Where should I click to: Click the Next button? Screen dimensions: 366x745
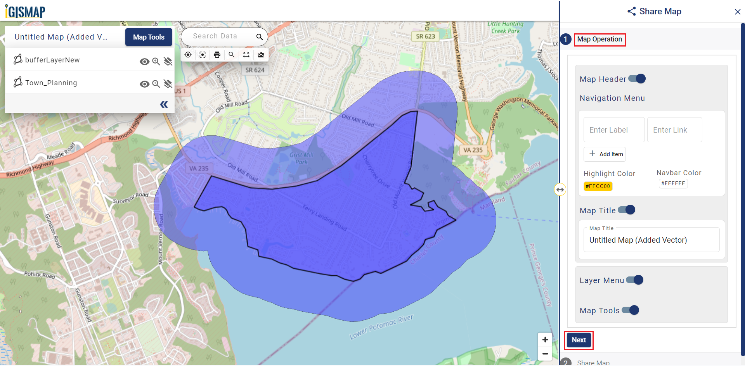point(579,340)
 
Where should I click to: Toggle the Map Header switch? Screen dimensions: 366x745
point(637,79)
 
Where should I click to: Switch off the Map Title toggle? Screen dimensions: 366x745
point(626,210)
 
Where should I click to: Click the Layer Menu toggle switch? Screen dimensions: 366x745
point(635,280)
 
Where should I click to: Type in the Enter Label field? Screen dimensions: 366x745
point(613,130)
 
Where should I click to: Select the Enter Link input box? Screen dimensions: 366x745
point(674,130)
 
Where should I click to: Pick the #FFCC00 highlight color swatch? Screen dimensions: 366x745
point(598,186)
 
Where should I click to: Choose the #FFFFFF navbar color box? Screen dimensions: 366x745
point(673,184)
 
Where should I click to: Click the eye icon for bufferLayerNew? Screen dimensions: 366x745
point(144,62)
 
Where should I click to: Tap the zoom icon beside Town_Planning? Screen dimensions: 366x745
point(156,84)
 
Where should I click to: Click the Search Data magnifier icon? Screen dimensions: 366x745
point(260,37)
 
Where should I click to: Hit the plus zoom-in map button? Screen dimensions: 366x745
point(545,340)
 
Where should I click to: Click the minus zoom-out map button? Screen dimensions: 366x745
point(545,354)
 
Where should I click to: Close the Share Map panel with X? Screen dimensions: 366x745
point(737,12)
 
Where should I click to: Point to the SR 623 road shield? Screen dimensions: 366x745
point(425,36)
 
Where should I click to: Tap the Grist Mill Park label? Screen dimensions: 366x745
point(301,158)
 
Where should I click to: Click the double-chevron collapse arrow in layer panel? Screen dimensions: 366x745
point(164,104)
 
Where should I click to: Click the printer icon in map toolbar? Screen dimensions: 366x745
point(217,55)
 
